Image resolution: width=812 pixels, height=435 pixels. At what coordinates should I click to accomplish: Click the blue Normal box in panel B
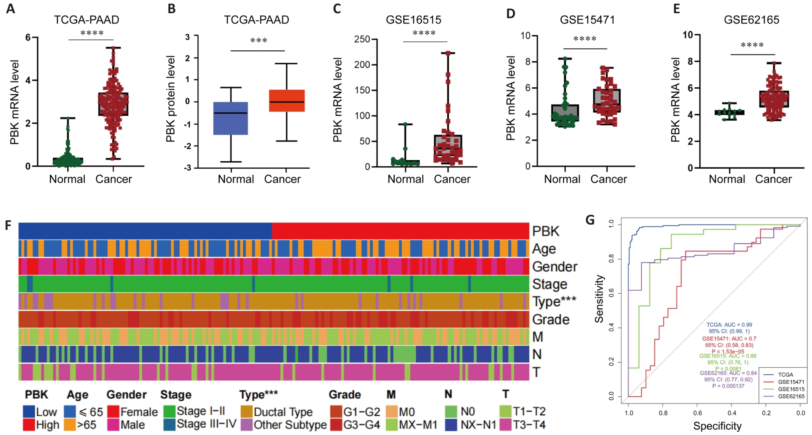point(231,118)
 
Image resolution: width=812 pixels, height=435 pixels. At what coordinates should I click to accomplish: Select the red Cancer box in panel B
point(286,100)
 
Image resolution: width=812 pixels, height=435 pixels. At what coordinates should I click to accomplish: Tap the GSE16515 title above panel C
point(413,20)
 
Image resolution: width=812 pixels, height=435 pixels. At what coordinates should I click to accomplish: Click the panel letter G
point(590,220)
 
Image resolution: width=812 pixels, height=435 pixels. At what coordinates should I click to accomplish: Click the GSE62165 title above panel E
point(751,20)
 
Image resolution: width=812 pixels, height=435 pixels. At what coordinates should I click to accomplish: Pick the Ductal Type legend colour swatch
point(247,412)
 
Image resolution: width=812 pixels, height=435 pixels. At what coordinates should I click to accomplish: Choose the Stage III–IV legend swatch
point(169,425)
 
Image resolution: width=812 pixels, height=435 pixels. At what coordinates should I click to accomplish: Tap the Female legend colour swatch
point(113,412)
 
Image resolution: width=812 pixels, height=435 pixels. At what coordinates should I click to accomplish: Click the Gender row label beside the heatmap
point(555,267)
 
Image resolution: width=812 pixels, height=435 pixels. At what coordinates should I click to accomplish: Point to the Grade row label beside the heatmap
point(551,320)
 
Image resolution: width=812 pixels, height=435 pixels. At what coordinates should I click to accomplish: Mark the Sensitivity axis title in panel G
point(599,299)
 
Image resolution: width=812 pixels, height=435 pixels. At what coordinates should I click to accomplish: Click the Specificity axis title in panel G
point(717,426)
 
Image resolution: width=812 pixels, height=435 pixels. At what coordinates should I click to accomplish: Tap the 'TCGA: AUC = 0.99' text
point(729,325)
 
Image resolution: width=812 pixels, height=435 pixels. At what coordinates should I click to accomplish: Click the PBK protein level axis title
point(171,99)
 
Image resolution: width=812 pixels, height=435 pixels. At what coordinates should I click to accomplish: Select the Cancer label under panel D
point(608,179)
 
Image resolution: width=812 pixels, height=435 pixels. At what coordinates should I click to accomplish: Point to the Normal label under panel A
point(67,179)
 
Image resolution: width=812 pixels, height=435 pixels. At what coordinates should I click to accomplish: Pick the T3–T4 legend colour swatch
point(505,425)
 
